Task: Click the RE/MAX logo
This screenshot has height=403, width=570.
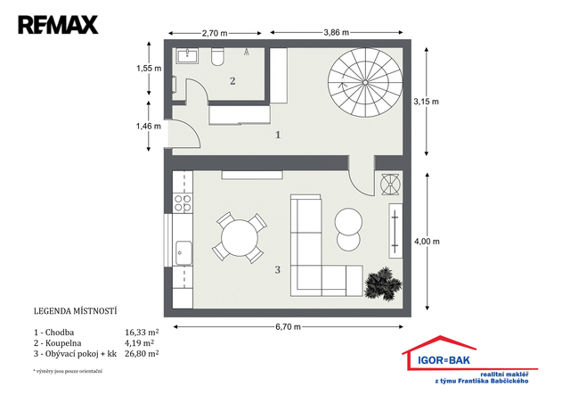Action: pyautogui.click(x=58, y=25)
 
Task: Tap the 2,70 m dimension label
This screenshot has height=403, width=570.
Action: pyautogui.click(x=215, y=33)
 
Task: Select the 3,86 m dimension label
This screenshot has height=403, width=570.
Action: pyautogui.click(x=337, y=32)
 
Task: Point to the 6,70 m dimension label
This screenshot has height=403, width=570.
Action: pyautogui.click(x=288, y=327)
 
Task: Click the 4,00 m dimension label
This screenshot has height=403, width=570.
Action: pyautogui.click(x=427, y=242)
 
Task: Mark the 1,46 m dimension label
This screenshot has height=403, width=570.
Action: pyautogui.click(x=149, y=126)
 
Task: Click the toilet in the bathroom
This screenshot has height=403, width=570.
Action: pyautogui.click(x=217, y=56)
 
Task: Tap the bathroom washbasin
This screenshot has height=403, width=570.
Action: pyautogui.click(x=187, y=56)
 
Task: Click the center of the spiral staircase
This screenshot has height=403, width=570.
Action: pyautogui.click(x=365, y=82)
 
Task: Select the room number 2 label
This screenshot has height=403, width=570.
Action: pyautogui.click(x=232, y=81)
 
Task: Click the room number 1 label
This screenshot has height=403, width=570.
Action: pyautogui.click(x=278, y=135)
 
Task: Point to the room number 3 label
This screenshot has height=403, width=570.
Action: pyautogui.click(x=277, y=270)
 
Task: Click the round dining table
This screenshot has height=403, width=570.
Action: pyautogui.click(x=240, y=238)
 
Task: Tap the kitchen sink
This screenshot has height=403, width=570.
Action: pyautogui.click(x=183, y=252)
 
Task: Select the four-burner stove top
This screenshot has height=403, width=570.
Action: pyautogui.click(x=183, y=203)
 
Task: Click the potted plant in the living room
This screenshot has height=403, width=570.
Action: pyautogui.click(x=383, y=284)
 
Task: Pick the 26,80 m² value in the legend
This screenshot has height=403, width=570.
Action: pyautogui.click(x=142, y=353)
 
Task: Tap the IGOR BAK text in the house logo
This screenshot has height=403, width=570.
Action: pyautogui.click(x=444, y=360)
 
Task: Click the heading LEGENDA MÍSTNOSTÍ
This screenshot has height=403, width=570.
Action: pyautogui.click(x=75, y=311)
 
